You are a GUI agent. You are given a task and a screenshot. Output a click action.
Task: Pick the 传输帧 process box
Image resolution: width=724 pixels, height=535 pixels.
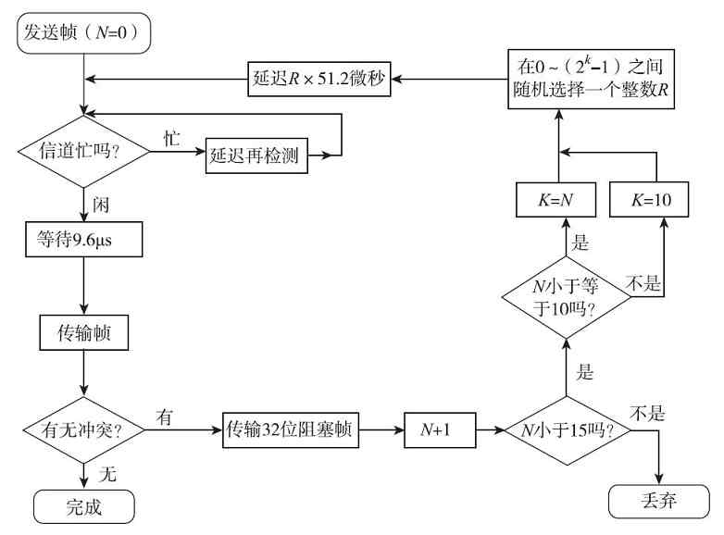coord(83,330)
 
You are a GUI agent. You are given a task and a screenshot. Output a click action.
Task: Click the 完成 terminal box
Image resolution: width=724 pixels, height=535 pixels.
coord(83,507)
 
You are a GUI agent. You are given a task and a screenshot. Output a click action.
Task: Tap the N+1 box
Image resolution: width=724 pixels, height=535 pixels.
coord(433,430)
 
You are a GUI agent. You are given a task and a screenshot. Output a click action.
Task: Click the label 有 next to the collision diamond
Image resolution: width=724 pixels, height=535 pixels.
coord(165,417)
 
